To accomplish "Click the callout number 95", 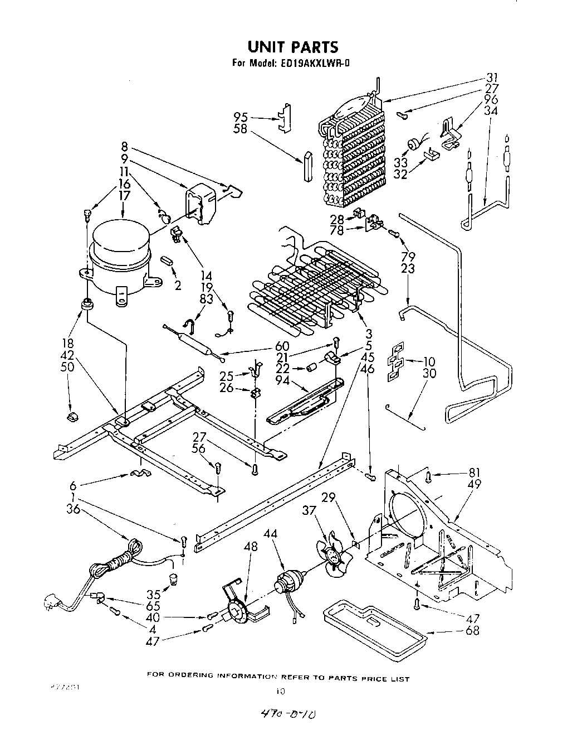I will [x=241, y=117].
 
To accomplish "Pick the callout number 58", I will [x=241, y=129].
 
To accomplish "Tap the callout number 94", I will [x=282, y=380].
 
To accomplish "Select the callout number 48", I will [x=251, y=546].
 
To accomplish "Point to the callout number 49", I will [x=475, y=484].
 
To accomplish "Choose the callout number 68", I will [x=472, y=631].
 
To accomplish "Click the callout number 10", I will [x=429, y=361].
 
